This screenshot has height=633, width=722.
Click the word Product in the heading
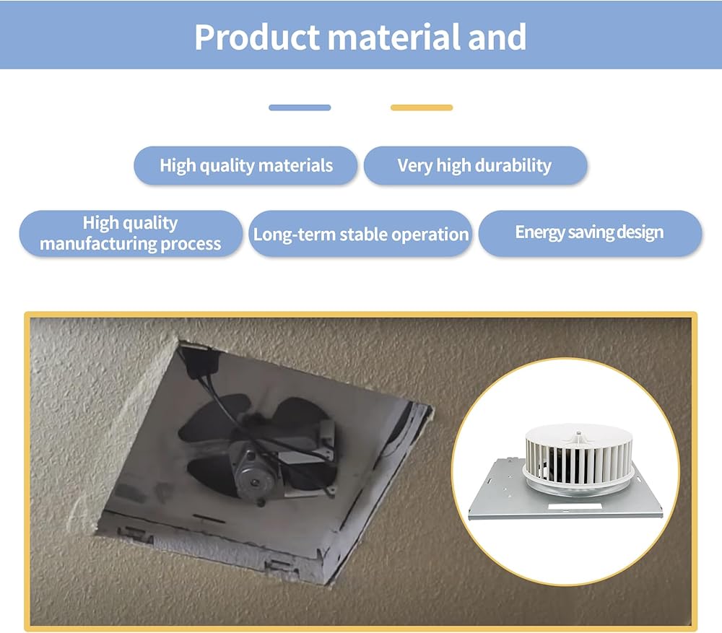tap(256, 36)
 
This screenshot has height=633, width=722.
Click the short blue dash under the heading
tap(300, 108)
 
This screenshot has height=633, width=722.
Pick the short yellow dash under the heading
tap(422, 108)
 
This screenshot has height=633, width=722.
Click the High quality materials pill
tap(245, 165)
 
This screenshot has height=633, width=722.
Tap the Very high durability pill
tap(475, 165)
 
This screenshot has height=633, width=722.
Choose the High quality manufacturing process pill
tap(130, 233)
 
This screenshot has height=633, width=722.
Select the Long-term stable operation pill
tap(360, 234)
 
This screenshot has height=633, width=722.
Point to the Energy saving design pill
tap(589, 232)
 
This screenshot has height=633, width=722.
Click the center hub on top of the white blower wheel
tap(578, 434)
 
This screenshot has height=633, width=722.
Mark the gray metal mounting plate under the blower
tap(505, 498)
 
